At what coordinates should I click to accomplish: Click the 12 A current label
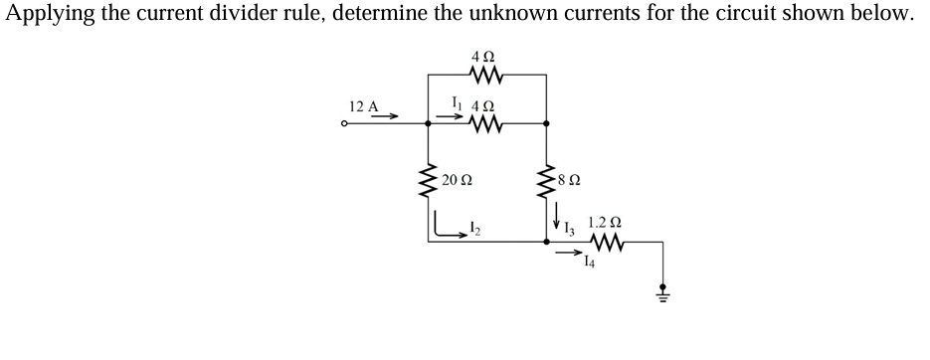(x=364, y=106)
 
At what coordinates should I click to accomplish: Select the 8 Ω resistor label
(x=569, y=181)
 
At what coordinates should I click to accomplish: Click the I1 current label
(x=457, y=100)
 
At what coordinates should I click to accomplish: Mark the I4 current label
(x=591, y=263)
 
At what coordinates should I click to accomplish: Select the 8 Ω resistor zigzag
(x=545, y=182)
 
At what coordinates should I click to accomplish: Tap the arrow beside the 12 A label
(x=387, y=116)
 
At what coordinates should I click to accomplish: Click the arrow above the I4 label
(x=570, y=253)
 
